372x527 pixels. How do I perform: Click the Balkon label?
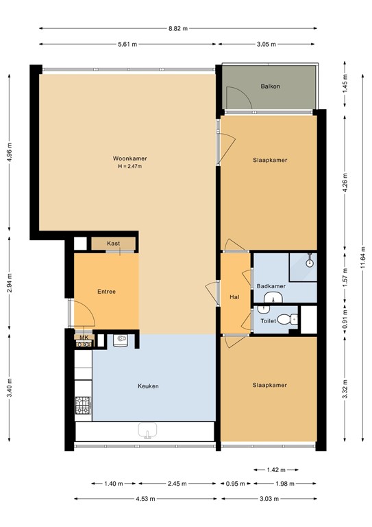coord(271,86)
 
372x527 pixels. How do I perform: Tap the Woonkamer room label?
coord(130,159)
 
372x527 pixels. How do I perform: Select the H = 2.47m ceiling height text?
coord(130,167)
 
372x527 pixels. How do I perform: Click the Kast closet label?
coord(114,244)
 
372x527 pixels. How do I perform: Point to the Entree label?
coord(106,292)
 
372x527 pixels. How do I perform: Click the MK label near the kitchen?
coord(84,338)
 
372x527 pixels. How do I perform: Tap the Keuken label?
coord(147,386)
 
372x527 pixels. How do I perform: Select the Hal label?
coord(234,297)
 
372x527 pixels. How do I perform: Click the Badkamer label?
coord(271,286)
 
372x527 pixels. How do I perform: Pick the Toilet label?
coord(268,320)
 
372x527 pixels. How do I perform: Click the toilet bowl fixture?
coord(293,318)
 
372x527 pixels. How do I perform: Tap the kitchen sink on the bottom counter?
coord(147,431)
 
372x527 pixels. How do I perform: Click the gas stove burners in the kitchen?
coord(83,406)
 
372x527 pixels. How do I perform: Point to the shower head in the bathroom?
coord(310,261)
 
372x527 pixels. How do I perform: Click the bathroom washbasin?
coord(274,297)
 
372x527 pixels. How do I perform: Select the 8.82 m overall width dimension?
coord(177,29)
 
